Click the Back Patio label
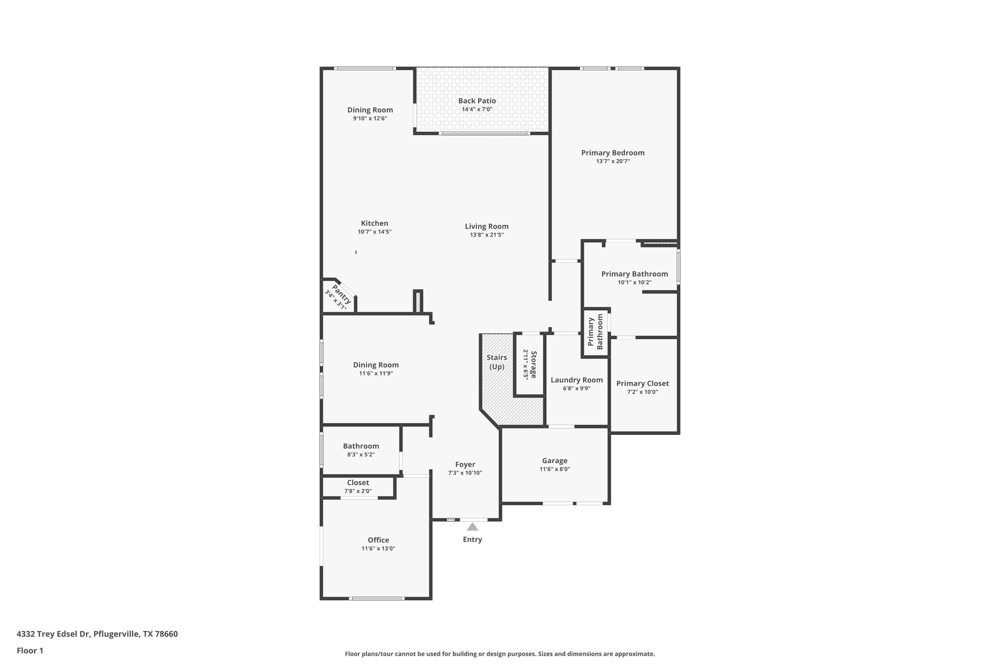click(x=477, y=101)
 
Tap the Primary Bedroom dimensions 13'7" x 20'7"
click(x=613, y=161)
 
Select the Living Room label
click(x=486, y=226)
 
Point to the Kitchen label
click(x=375, y=223)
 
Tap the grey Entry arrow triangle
click(x=472, y=527)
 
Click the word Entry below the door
click(x=472, y=539)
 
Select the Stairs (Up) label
click(x=497, y=362)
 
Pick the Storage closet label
click(x=533, y=364)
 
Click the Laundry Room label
click(x=577, y=380)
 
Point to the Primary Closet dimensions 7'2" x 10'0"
click(x=643, y=392)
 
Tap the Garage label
click(x=555, y=461)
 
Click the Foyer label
click(x=465, y=465)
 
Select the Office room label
click(x=378, y=540)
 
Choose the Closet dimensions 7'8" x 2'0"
click(x=358, y=491)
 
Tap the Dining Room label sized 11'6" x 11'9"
click(x=376, y=365)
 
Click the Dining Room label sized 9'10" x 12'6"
click(x=370, y=110)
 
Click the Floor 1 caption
click(x=30, y=650)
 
